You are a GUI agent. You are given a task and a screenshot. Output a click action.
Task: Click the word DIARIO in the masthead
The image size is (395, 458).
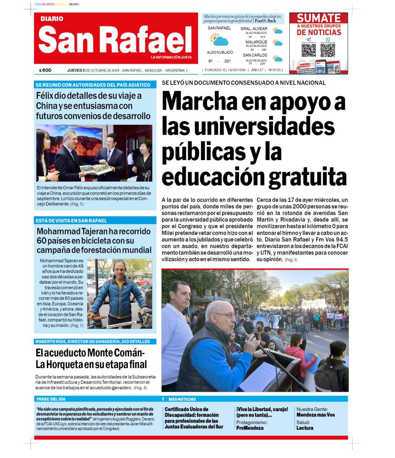click(x=51, y=19)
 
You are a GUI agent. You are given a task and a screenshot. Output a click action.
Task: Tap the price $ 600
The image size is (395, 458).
click(x=45, y=70)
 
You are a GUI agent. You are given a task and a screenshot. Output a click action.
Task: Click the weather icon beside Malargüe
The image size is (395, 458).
click(x=278, y=43)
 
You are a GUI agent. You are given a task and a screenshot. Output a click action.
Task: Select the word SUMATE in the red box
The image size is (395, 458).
click(x=319, y=18)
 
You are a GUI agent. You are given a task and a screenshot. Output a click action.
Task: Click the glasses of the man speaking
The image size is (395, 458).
click(x=225, y=315)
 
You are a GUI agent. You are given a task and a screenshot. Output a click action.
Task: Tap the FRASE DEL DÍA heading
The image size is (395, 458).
click(x=50, y=399)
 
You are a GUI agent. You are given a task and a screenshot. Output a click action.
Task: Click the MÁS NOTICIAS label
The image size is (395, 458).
click(x=182, y=399)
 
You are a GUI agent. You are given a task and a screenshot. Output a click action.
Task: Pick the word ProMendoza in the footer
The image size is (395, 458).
click(x=250, y=428)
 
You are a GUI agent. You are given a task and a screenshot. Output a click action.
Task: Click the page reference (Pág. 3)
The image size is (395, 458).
click(x=290, y=259)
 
